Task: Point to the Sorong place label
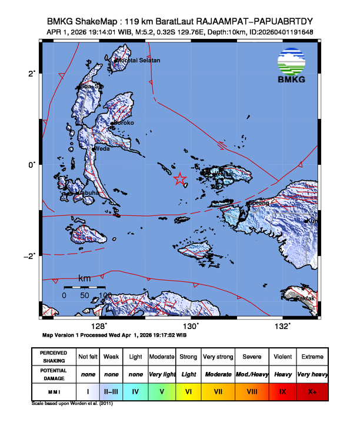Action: (259, 203)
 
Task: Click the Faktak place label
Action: (305, 298)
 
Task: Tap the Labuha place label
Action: (87, 193)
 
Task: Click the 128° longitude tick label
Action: (101, 326)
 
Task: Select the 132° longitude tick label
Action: (284, 326)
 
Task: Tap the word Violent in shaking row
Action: (282, 357)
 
